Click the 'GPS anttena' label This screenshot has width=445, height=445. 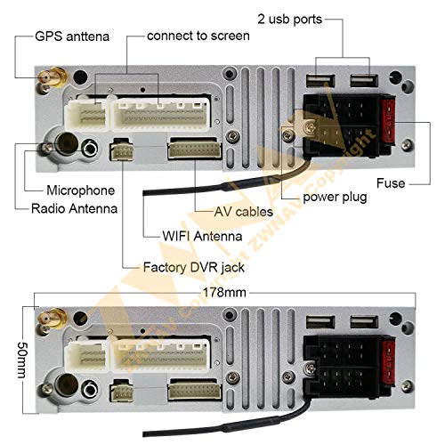pyautogui.click(x=72, y=36)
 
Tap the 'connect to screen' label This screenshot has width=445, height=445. pyautogui.click(x=198, y=36)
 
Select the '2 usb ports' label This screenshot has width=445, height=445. pyautogui.click(x=289, y=20)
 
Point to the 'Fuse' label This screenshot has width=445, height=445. pyautogui.click(x=391, y=183)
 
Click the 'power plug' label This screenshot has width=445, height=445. pyautogui.click(x=335, y=198)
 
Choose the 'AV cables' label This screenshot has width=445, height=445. pyautogui.click(x=244, y=212)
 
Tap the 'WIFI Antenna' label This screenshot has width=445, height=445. pyautogui.click(x=202, y=237)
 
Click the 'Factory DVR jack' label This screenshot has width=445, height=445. pyautogui.click(x=194, y=267)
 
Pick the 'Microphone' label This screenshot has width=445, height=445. pyautogui.click(x=81, y=190)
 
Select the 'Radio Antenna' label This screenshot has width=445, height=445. pyautogui.click(x=74, y=208)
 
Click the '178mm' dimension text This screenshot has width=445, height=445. pyautogui.click(x=224, y=293)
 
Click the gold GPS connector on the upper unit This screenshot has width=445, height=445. pyautogui.click(x=53, y=77)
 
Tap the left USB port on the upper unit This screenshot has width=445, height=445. pyautogui.click(x=320, y=81)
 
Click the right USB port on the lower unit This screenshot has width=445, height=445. pyautogui.click(x=364, y=322)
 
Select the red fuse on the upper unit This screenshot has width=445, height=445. pyautogui.click(x=388, y=122)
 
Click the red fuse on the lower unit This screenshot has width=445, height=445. pyautogui.click(x=388, y=362)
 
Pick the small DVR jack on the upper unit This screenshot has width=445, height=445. pyautogui.click(x=122, y=150)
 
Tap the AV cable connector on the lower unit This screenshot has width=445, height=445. pyautogui.click(x=195, y=389)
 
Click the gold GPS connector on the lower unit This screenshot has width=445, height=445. pyautogui.click(x=53, y=318)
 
